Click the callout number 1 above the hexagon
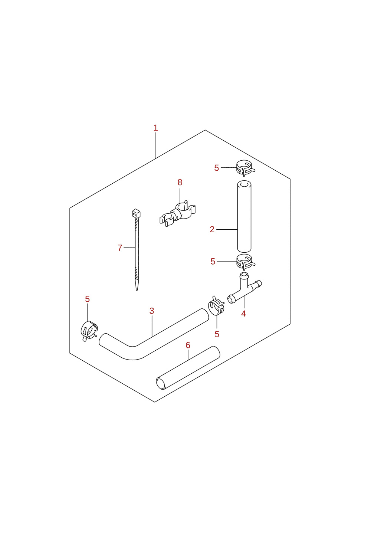click(156, 128)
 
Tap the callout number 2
click(212, 229)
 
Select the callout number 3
click(152, 311)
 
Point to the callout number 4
click(243, 314)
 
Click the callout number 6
click(188, 345)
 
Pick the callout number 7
click(120, 248)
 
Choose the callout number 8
click(180, 182)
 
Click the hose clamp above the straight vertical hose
click(246, 168)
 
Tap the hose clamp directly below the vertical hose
click(246, 262)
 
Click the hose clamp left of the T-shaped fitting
click(216, 305)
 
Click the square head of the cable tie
click(136, 213)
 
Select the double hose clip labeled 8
click(177, 214)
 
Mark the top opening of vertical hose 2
click(244, 184)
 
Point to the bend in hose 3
click(132, 353)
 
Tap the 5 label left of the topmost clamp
click(217, 168)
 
